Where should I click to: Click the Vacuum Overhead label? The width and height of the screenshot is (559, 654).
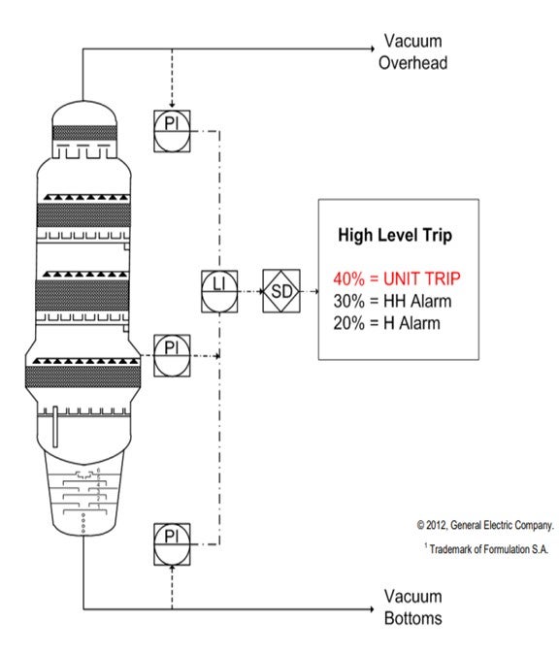[x=413, y=51]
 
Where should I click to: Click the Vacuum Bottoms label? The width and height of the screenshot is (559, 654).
[x=413, y=606]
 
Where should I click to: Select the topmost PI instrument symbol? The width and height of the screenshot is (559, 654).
[x=172, y=131]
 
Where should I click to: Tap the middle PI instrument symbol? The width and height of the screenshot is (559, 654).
[x=172, y=355]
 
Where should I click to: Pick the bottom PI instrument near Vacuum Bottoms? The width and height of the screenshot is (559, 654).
[x=172, y=544]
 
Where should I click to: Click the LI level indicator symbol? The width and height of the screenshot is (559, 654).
[x=219, y=291]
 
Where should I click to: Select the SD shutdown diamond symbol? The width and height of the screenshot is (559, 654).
[x=281, y=291]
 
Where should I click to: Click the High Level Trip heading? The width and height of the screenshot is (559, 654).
[x=395, y=235]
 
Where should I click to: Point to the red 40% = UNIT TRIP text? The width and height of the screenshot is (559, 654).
[x=397, y=278]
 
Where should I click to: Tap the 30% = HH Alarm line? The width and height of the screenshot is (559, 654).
[x=392, y=301]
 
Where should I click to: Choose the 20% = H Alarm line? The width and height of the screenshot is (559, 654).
[x=386, y=323]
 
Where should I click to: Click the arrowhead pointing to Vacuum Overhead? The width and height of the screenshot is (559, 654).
[x=373, y=49]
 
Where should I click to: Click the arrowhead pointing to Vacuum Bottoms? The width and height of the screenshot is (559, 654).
[x=372, y=609]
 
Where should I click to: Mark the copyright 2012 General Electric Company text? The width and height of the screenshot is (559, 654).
[x=485, y=525]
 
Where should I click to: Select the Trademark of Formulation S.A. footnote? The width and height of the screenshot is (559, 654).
[x=486, y=549]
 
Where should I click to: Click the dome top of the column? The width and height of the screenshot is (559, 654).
[x=83, y=112]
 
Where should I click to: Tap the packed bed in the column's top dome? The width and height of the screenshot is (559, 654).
[x=84, y=133]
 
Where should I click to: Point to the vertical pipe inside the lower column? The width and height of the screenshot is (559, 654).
[x=55, y=427]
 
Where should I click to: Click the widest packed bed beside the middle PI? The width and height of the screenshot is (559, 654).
[x=83, y=376]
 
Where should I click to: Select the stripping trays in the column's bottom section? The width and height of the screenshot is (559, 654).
[x=84, y=492]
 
